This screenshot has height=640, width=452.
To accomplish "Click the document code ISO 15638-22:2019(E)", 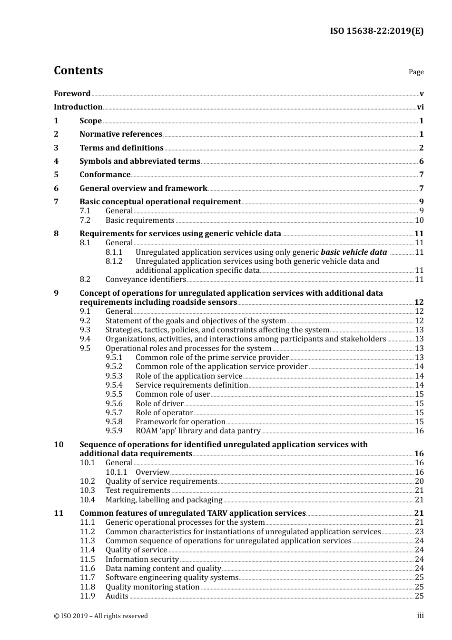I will point(376,31).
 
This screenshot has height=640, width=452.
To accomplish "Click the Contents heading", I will point(78,70).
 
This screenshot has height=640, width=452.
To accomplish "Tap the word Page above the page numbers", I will point(416,72).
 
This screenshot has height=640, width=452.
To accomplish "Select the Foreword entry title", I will point(72,94).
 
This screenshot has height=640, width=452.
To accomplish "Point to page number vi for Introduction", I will point(420,107).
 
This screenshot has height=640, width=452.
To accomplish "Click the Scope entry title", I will point(90,121).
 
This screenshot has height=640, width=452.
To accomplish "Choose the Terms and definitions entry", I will point(121,148).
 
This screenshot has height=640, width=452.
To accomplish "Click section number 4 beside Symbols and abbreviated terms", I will point(56,161).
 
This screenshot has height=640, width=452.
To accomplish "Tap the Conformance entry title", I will point(105,175).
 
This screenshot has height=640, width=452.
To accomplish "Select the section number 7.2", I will point(85,220).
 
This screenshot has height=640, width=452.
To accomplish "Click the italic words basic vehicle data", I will point(354,252).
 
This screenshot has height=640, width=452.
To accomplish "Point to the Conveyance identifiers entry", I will point(146,280).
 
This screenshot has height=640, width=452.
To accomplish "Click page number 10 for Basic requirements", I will point(419,220).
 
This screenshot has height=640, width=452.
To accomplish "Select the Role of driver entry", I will point(159,404).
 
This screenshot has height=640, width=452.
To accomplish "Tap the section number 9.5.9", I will point(114,431).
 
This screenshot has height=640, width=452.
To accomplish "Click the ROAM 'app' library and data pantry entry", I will point(198,431).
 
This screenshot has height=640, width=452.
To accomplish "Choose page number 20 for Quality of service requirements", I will point(419,481).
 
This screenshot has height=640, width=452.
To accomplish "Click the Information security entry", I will point(142,560).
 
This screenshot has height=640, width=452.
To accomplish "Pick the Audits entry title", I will point(117,596).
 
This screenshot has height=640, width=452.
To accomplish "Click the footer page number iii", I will point(420,616).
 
